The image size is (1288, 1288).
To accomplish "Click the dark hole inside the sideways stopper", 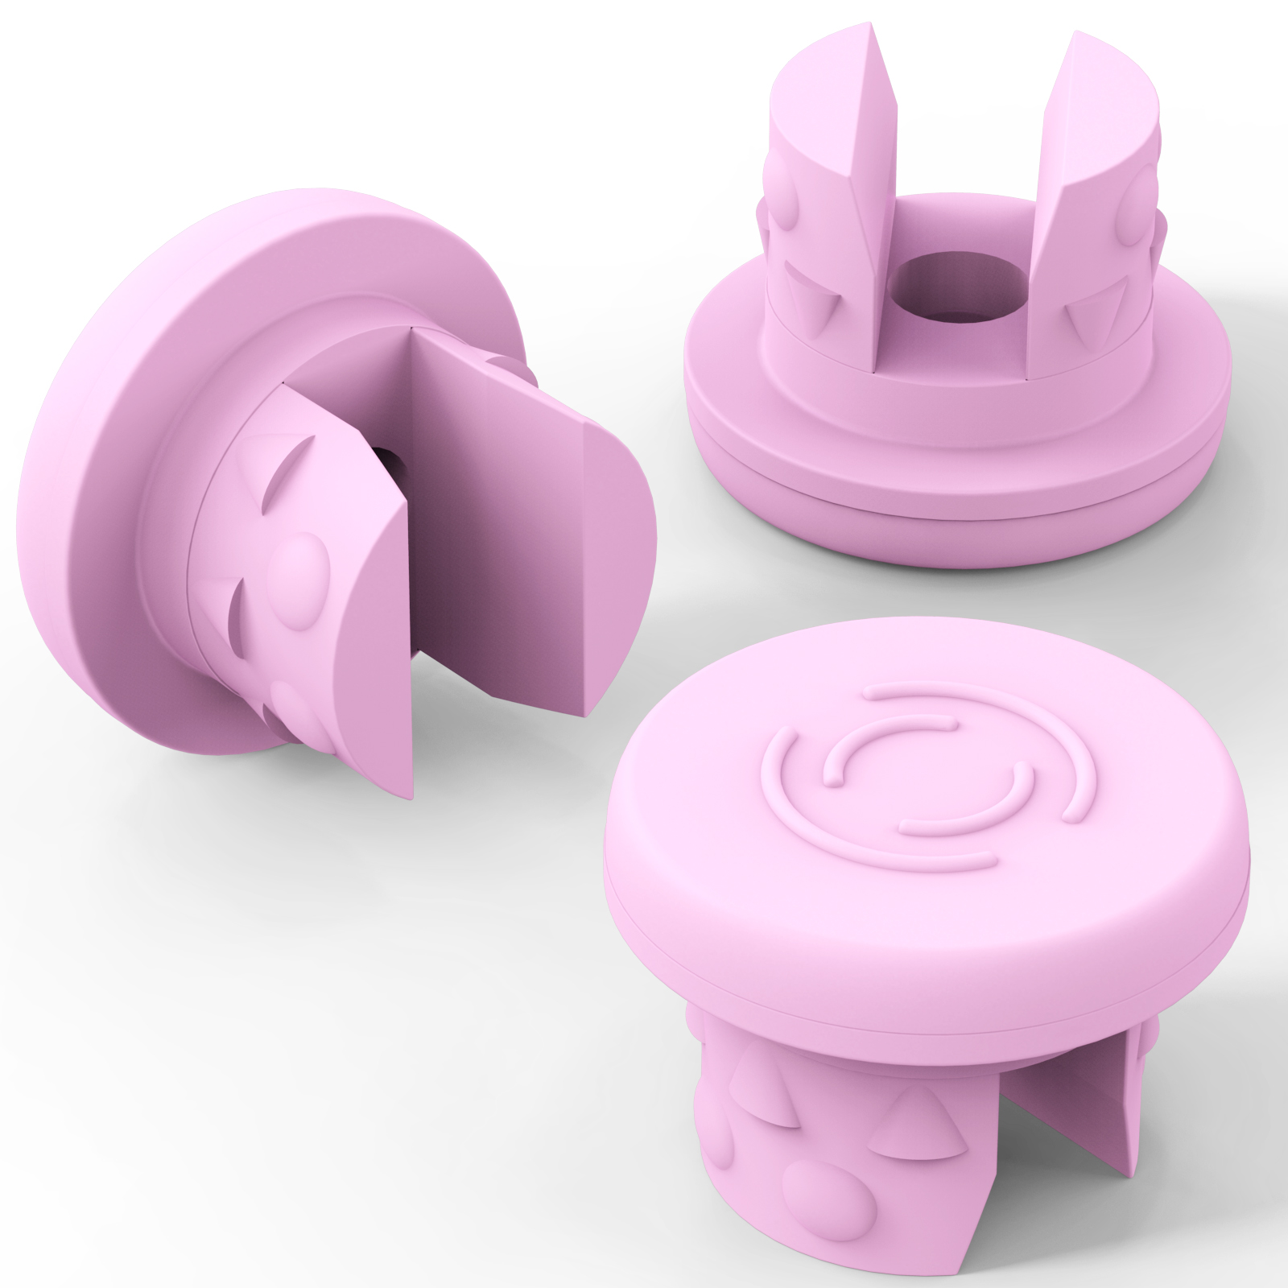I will point(392,463).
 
